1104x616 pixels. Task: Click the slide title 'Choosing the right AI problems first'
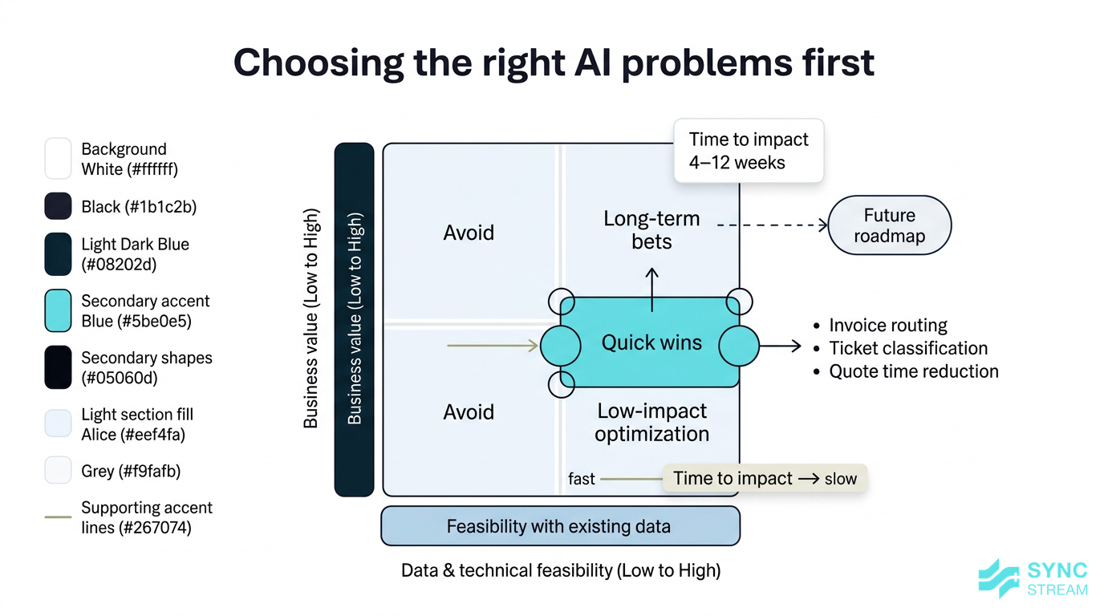tap(554, 63)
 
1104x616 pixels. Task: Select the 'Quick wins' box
tap(651, 343)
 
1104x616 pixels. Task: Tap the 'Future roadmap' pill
tap(889, 225)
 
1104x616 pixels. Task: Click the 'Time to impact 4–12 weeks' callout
tap(748, 151)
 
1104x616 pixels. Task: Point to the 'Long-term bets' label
tap(651, 229)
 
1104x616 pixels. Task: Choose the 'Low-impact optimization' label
tap(651, 422)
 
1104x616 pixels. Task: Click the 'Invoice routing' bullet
tap(887, 325)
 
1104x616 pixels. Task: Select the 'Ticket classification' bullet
tap(907, 348)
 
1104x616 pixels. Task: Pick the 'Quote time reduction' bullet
tap(913, 371)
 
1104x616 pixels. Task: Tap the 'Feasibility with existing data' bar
tap(559, 526)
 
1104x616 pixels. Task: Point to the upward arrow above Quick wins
tap(651, 290)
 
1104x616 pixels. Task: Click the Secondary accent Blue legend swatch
tap(59, 311)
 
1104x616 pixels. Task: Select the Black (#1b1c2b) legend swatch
tap(59, 207)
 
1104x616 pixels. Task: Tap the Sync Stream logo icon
tap(1000, 578)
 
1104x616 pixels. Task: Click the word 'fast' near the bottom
tap(582, 479)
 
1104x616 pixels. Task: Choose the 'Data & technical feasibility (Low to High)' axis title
tap(560, 570)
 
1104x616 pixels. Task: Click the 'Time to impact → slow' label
tap(765, 478)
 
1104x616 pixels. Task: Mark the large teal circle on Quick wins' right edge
tap(738, 346)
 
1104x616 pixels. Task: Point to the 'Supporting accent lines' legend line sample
tap(59, 517)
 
